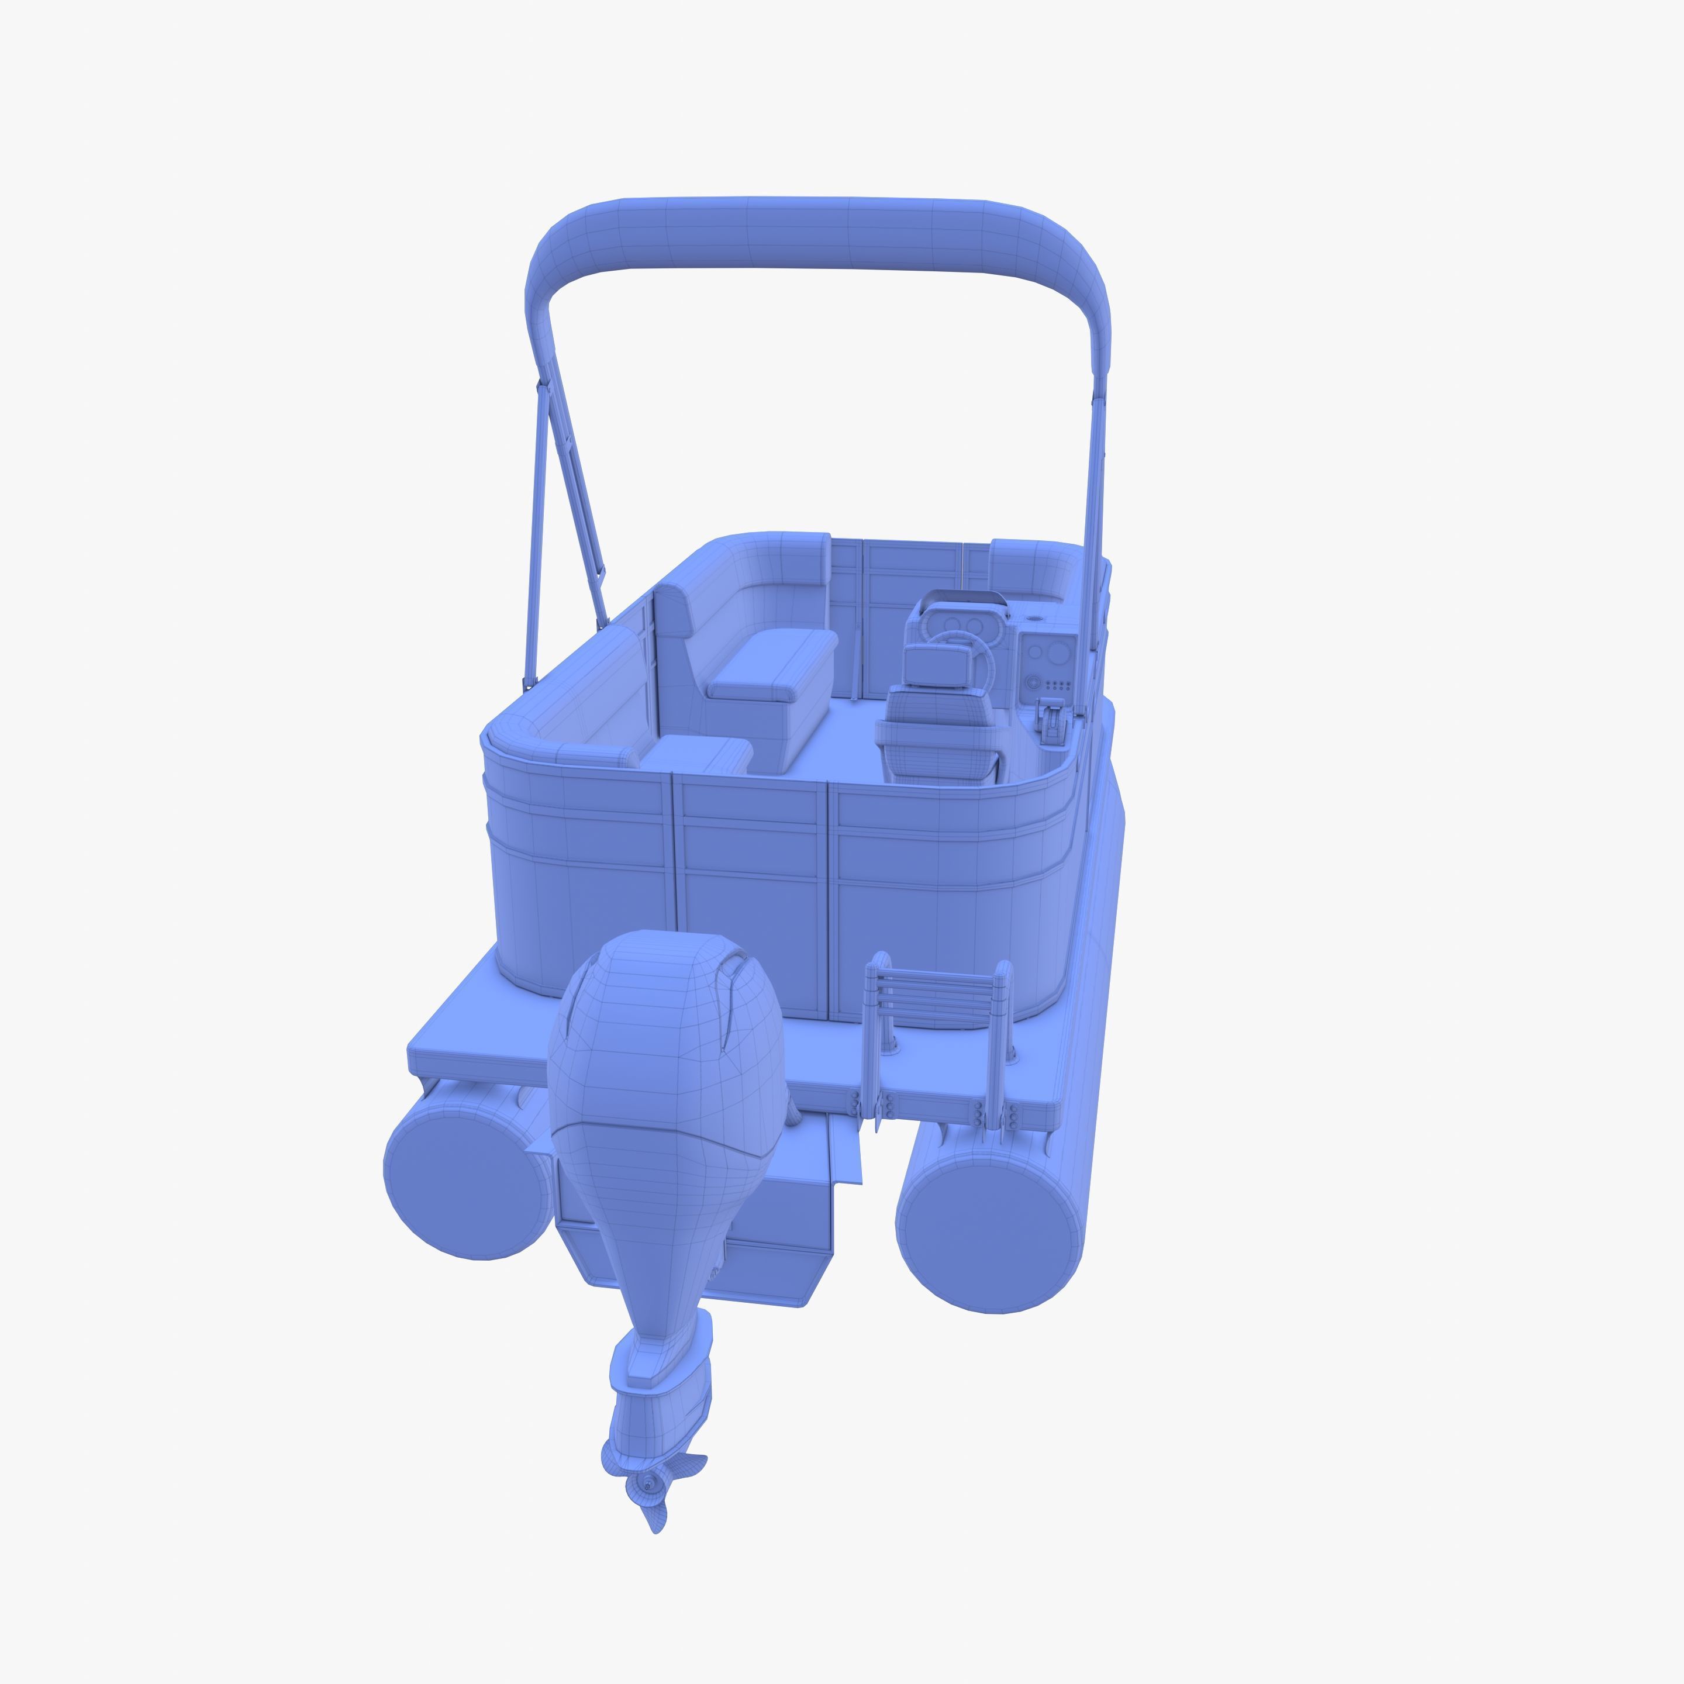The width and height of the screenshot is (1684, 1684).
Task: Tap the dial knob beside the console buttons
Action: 1034,682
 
